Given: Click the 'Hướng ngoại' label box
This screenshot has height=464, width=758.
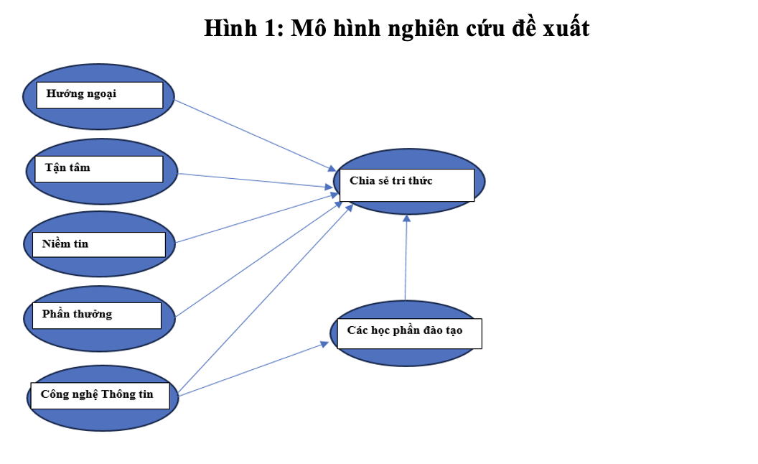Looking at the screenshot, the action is pos(100,95).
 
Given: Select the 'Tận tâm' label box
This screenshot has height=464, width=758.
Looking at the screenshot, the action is pos(99,169).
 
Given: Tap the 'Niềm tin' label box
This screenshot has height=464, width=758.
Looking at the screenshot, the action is pos(98,244).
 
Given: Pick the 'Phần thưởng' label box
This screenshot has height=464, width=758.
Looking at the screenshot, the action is pos(97,315).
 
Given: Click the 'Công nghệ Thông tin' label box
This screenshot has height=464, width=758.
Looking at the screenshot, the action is pos(100,396).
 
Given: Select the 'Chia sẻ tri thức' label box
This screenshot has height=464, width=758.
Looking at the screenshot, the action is pos(407,185).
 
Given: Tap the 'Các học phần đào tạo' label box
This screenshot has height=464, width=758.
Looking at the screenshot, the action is pos(409,333).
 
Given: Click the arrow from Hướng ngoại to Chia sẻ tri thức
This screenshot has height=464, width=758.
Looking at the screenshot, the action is pos(256,136).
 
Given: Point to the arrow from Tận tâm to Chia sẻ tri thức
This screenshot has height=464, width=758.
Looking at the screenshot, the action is pos(256,180).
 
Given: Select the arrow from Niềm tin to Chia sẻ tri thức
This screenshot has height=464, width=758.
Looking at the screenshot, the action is pos(257,218).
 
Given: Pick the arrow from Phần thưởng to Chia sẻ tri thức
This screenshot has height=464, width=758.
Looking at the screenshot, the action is pos(259,259).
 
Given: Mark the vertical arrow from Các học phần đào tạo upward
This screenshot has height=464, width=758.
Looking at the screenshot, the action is pos(406,257).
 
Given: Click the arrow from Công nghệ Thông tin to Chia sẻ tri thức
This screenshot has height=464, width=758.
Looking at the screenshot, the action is pos(266,298).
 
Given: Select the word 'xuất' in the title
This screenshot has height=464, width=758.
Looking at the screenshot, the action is pos(566,27).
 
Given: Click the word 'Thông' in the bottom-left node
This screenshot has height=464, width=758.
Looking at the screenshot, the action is pos(117,395).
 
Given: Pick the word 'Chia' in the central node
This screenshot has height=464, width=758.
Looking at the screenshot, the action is pos(362,180).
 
